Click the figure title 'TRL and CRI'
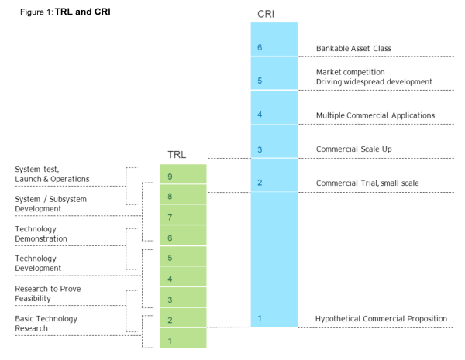[83, 12]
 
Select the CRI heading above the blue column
[266, 14]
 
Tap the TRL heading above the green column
[177, 154]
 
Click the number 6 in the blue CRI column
[260, 48]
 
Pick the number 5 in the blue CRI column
[260, 81]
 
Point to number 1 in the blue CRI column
[260, 318]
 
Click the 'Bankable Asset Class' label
[353, 48]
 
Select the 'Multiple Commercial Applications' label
[375, 115]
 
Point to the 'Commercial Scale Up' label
[350, 149]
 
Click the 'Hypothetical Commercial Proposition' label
[381, 318]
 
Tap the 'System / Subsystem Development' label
[50, 204]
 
